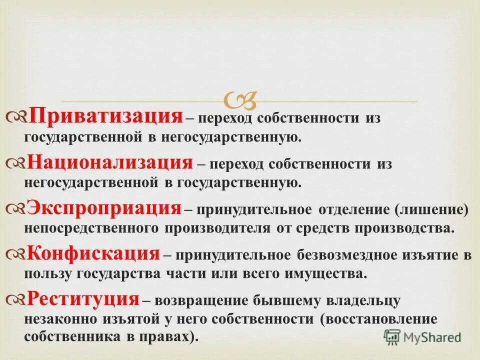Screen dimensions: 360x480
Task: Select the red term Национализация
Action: coord(109,162)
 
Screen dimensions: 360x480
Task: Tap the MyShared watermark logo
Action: coord(422,337)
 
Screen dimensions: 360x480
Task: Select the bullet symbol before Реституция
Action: coord(17,300)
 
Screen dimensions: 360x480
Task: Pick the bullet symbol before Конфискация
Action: coord(17,255)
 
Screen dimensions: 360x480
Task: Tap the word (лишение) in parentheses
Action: coord(432,209)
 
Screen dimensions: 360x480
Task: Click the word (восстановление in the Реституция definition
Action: coord(379,319)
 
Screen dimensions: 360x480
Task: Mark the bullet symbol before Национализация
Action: coord(17,164)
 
